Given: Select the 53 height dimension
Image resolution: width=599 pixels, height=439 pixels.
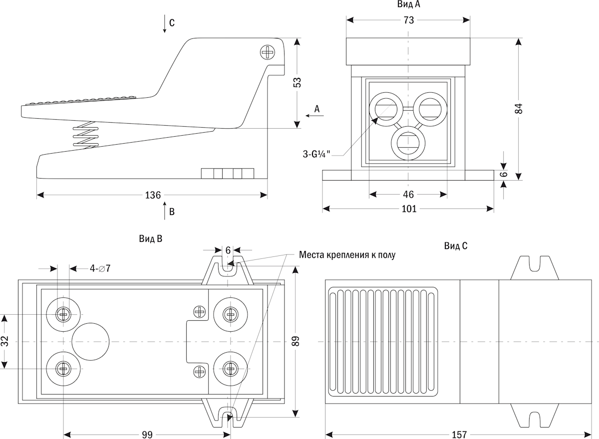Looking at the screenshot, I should coord(298,82).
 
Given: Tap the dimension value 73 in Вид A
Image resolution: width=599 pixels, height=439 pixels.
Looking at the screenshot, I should coord(408,20).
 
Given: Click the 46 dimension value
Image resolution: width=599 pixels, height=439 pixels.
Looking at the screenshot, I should coord(408,194).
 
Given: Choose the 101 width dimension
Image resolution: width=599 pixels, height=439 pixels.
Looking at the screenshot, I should coord(408,209).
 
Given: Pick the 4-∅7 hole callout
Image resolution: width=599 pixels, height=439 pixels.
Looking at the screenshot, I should coord(100,268).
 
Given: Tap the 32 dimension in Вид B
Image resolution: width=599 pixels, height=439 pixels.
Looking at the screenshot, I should coord(5,341).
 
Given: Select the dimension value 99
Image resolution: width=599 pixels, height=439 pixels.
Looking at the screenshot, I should coord(146,435).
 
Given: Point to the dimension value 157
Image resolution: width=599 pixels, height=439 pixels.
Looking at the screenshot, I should coord(459,435).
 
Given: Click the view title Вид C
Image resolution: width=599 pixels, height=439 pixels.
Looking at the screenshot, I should coord(455,246).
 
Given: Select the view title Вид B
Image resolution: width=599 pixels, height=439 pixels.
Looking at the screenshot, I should coord(150,238).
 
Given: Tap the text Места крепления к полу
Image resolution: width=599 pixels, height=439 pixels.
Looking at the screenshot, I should coord(347,255).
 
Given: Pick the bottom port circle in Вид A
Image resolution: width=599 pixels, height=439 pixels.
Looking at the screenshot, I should coord(408,143).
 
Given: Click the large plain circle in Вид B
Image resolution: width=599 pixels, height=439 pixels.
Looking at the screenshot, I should coord(90,341).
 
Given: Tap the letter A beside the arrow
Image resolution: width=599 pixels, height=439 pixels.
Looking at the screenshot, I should coord(316,108).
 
